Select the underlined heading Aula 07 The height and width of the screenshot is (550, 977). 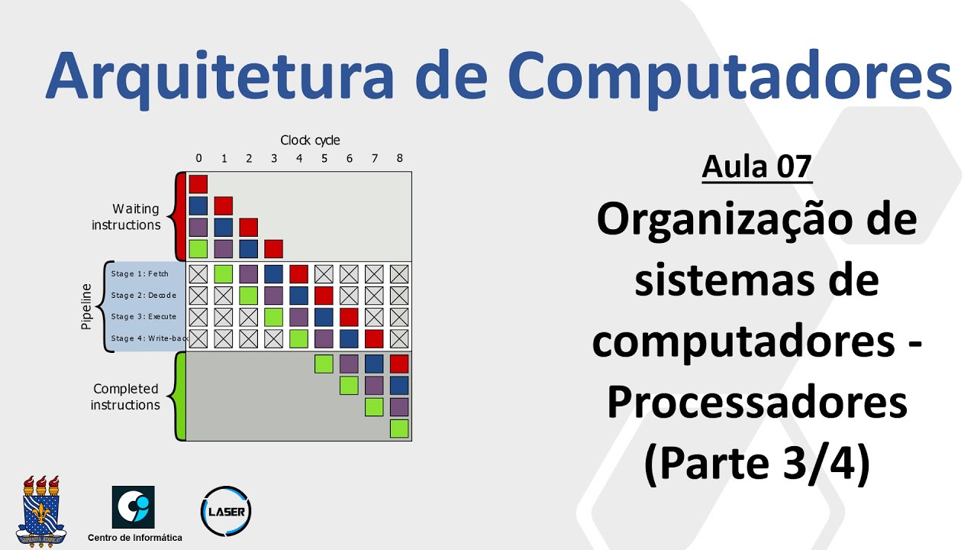pos(756,166)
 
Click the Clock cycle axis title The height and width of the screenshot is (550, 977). pos(310,140)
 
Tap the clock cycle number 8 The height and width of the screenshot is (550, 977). pos(399,158)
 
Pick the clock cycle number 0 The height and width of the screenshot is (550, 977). pos(198,158)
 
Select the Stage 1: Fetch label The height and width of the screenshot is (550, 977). pos(140,273)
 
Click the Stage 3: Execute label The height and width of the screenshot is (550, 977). pos(143,316)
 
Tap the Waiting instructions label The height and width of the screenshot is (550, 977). pos(127,216)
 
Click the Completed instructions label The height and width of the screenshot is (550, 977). pos(125,396)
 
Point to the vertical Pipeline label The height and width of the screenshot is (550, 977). pos(86,306)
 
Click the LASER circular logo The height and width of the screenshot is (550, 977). pos(225,510)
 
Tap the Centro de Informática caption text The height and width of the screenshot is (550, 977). pos(135,538)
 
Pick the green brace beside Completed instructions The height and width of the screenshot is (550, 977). pos(179,396)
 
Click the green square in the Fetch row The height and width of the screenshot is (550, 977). pos(223,273)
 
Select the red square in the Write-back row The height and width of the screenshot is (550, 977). pos(374,338)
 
